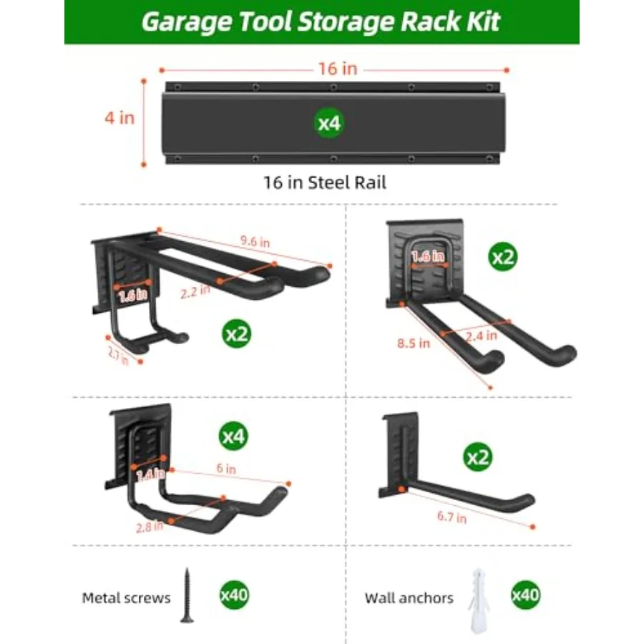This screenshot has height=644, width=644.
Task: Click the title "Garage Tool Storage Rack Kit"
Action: pos(321,21)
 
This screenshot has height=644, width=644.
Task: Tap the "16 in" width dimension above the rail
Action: pos(338,69)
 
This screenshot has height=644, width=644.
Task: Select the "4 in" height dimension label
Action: pos(119,118)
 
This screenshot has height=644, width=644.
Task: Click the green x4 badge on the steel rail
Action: pos(329,123)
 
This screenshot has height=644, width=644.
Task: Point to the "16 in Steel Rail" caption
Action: pos(324,182)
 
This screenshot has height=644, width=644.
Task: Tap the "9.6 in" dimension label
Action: pos(255,241)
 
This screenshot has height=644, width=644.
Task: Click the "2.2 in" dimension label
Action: pos(195,291)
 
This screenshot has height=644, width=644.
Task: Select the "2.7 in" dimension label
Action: pos(118,355)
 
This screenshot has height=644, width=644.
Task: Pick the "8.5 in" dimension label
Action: pos(414,343)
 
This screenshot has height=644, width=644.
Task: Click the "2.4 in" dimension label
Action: pos(482,336)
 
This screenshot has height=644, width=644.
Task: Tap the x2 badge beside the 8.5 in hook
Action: pos(503,257)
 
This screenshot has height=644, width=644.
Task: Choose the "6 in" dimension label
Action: pos(226,468)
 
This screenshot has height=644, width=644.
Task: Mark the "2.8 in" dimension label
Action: pos(150,527)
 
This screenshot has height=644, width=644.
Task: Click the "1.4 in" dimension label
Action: pos(150,475)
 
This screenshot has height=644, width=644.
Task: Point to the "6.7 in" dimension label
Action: pos(452,517)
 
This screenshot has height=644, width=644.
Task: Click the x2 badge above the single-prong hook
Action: pos(478,457)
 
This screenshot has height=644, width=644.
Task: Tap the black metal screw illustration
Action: pos(187,595)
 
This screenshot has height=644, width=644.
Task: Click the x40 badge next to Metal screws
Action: pos(234,595)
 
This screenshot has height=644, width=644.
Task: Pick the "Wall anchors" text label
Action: pos(409,598)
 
